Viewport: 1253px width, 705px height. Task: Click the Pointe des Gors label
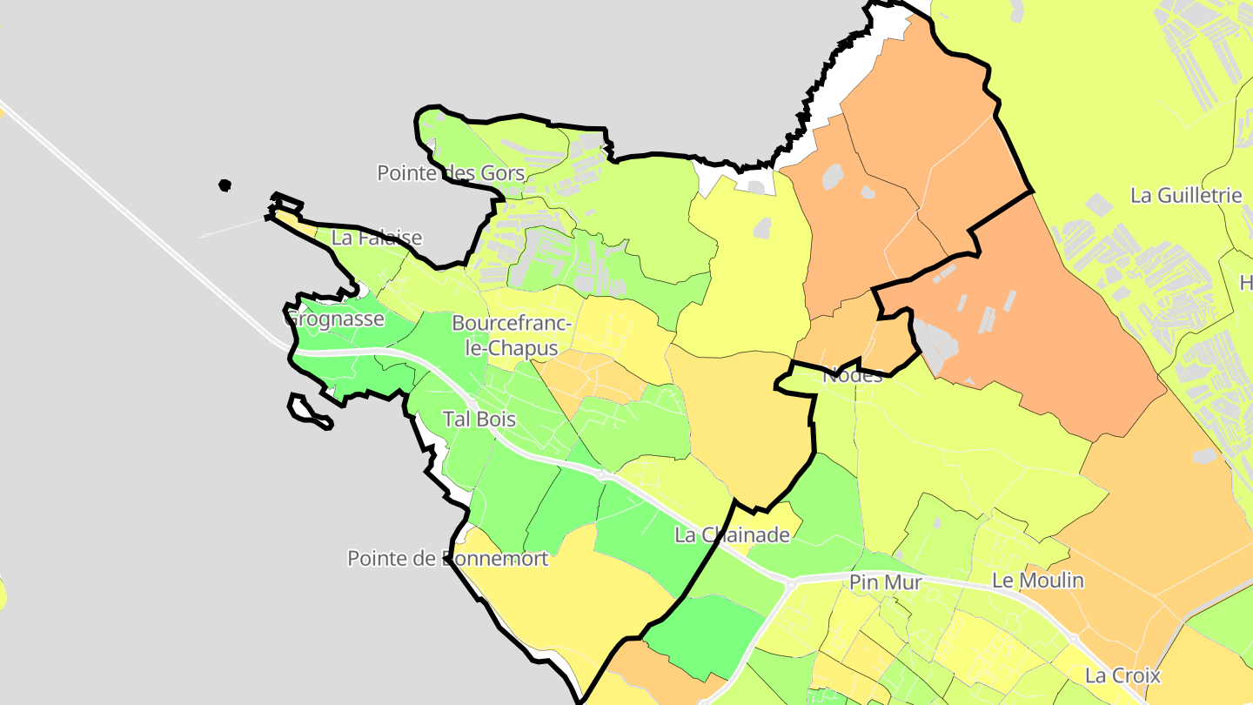[451, 173]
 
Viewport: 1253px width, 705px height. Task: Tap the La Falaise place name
[377, 238]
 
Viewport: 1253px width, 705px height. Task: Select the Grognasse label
[335, 319]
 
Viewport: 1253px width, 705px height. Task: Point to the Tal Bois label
[479, 419]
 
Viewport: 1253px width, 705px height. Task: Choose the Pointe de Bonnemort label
[448, 558]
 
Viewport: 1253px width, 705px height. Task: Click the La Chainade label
[732, 535]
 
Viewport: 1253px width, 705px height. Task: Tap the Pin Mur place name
[885, 583]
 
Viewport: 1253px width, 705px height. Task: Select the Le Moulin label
[1038, 580]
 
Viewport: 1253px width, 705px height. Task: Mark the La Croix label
[1122, 675]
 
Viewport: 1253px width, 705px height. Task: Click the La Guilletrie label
[1186, 195]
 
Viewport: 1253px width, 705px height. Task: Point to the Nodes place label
[853, 375]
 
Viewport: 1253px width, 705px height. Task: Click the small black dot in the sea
[225, 185]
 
